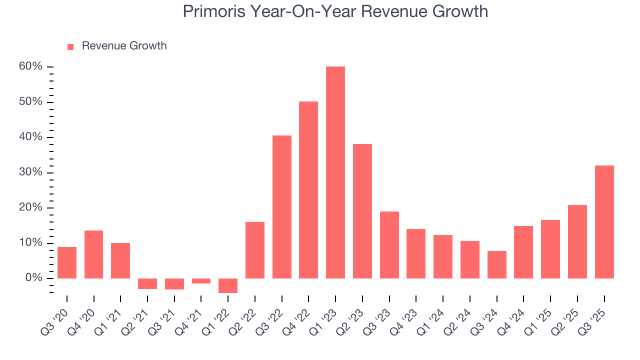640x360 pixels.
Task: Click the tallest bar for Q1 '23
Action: pyautogui.click(x=335, y=172)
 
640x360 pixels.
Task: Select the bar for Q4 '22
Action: pyautogui.click(x=308, y=190)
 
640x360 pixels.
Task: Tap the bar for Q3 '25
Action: pyautogui.click(x=604, y=222)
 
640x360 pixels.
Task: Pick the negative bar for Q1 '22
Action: pyautogui.click(x=228, y=285)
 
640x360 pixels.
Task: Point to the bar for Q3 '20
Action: pyautogui.click(x=67, y=262)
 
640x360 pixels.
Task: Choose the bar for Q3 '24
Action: pyautogui.click(x=496, y=264)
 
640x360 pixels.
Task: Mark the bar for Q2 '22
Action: pyautogui.click(x=255, y=250)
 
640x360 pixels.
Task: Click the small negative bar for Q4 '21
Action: pyautogui.click(x=201, y=281)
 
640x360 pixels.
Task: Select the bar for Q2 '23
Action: pyautogui.click(x=362, y=211)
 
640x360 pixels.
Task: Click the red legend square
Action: pyautogui.click(x=70, y=46)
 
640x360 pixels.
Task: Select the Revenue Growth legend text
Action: pyautogui.click(x=124, y=46)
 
